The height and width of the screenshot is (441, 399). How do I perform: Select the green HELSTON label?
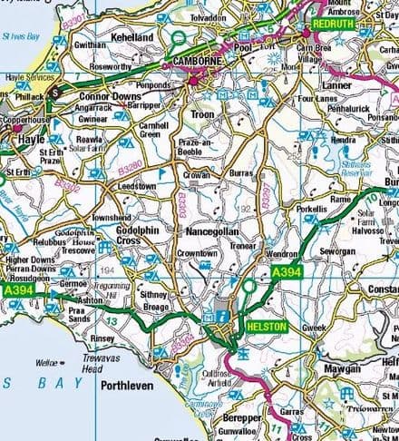point(265,326)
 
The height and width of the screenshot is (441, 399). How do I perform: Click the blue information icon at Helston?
point(220,317)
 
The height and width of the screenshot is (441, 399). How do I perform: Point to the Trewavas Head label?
point(99,364)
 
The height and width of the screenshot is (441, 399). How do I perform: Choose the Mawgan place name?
point(343,369)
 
